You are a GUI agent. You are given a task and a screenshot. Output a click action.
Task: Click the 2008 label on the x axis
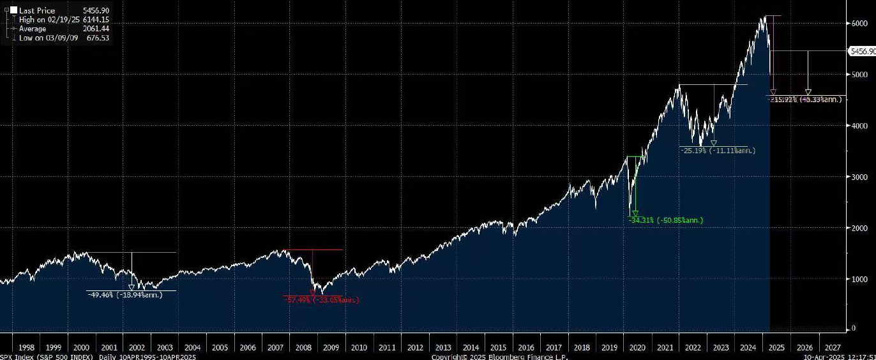pyautogui.click(x=303, y=347)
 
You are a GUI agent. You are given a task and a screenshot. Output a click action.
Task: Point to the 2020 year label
pyautogui.click(x=637, y=347)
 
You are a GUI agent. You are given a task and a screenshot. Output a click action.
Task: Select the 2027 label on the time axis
pyautogui.click(x=833, y=347)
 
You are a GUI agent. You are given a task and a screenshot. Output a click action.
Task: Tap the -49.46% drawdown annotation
pyautogui.click(x=125, y=295)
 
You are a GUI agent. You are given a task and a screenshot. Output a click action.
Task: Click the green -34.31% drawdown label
pyautogui.click(x=666, y=220)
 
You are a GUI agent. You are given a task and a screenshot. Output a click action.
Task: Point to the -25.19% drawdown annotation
pyautogui.click(x=718, y=151)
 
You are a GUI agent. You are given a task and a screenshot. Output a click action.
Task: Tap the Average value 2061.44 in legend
pyautogui.click(x=96, y=29)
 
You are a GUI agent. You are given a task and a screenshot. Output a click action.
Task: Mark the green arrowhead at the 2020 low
pyautogui.click(x=634, y=214)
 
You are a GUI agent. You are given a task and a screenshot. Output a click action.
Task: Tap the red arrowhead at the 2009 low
pyautogui.click(x=312, y=293)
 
